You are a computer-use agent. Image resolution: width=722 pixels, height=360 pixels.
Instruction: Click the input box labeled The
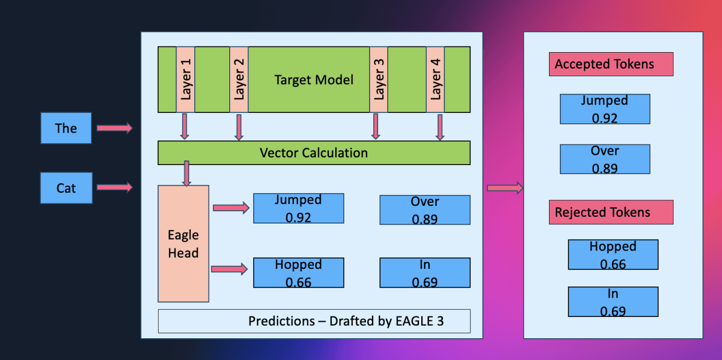[x=66, y=128]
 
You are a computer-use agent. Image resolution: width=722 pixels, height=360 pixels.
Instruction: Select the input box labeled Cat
[x=66, y=188]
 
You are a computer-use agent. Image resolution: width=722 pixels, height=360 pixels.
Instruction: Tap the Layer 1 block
[x=186, y=79]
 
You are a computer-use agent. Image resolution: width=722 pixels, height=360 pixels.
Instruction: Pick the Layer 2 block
[x=239, y=79]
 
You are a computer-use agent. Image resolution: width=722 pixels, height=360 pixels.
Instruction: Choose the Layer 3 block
[x=378, y=79]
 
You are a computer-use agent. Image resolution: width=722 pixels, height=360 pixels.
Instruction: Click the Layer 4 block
[x=435, y=79]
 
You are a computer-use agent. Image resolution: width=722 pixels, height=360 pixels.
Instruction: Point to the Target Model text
[x=313, y=80]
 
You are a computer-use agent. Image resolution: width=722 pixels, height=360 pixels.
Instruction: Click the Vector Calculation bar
[x=313, y=153]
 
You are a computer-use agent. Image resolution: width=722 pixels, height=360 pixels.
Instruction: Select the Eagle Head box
[x=183, y=244]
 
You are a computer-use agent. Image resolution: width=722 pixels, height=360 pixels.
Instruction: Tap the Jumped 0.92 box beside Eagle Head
[x=298, y=208]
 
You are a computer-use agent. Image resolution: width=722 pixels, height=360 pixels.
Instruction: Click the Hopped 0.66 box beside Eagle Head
[x=298, y=273]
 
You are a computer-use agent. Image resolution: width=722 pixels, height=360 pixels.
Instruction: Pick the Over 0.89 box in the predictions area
[x=425, y=210]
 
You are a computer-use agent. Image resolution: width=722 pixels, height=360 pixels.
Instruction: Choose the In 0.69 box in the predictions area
[x=425, y=273]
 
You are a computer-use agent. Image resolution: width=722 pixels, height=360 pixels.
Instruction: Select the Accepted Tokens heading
[x=610, y=64]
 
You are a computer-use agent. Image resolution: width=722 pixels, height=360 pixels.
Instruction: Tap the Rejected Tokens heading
[x=610, y=212]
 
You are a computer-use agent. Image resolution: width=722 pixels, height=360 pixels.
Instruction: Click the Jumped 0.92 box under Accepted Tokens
[x=605, y=109]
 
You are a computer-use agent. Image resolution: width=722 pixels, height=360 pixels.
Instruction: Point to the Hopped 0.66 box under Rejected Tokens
[x=613, y=255]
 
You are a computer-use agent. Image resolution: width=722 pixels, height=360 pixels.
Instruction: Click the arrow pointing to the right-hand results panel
[x=505, y=187]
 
